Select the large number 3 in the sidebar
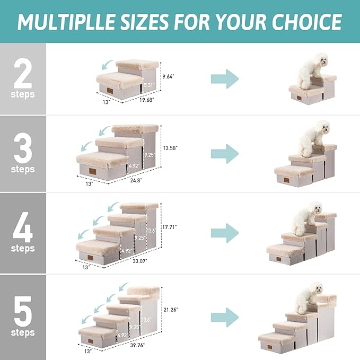click(23, 150)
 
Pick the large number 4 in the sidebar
click(23, 229)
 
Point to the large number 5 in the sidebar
click(23, 312)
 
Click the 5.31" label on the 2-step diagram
click(148, 85)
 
